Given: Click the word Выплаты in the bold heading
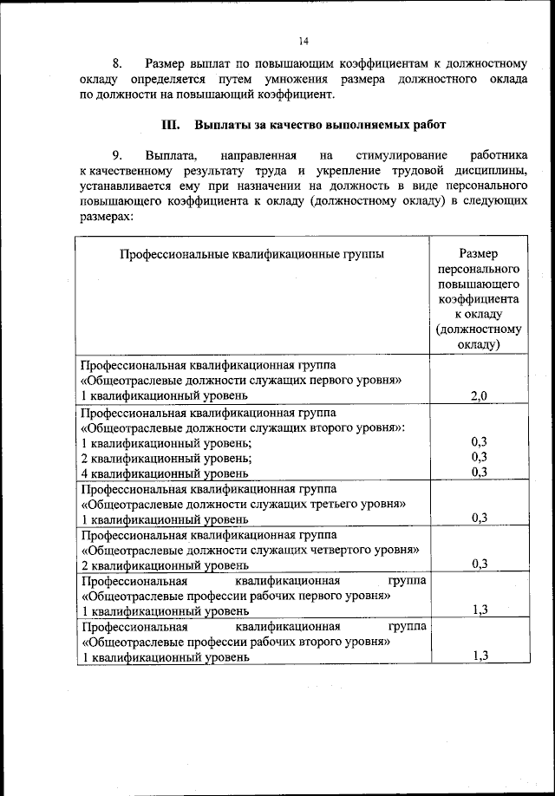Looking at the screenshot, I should (x=220, y=124).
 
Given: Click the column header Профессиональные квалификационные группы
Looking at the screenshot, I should (x=252, y=254).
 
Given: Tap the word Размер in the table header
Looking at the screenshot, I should (x=479, y=254).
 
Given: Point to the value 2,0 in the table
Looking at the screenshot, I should (x=479, y=396).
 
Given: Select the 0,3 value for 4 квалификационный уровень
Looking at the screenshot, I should (x=479, y=473).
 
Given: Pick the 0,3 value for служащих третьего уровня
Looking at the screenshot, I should (x=479, y=519).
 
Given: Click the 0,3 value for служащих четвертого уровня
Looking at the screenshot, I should (x=479, y=564).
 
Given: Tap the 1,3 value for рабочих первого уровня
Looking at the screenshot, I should (x=481, y=610).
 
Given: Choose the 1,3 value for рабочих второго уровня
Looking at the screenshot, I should (x=481, y=656).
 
